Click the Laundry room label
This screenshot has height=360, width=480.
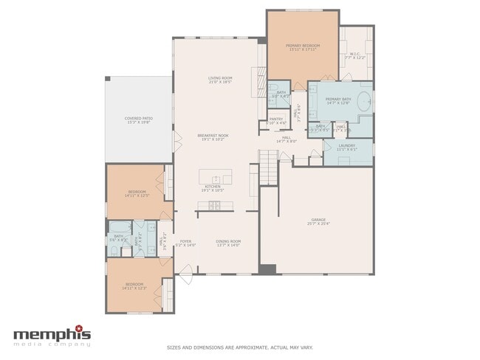pyautogui.click(x=347, y=145)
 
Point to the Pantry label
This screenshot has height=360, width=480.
pyautogui.click(x=276, y=119)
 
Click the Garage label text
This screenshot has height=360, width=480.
pyautogui.click(x=318, y=219)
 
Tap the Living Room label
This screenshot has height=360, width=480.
pyautogui.click(x=220, y=77)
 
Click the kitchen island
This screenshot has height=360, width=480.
pyautogui.click(x=216, y=177)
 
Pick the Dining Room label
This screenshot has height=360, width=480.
pyautogui.click(x=228, y=241)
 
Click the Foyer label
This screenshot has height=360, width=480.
pyautogui.click(x=185, y=241)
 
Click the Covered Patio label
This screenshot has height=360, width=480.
pyautogui.click(x=138, y=118)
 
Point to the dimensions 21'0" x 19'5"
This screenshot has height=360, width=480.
pyautogui.click(x=220, y=83)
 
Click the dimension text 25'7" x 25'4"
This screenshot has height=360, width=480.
pyautogui.click(x=318, y=224)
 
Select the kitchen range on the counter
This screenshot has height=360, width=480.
pyautogui.click(x=214, y=204)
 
